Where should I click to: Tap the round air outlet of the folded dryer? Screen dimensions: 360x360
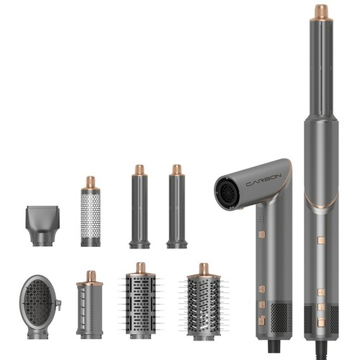[227, 193]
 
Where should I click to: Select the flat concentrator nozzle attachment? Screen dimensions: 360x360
[42, 225]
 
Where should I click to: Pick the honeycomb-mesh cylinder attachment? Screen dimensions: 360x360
[91, 212]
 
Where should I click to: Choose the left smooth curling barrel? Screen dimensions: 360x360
[140, 207]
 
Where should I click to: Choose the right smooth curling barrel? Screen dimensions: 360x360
[177, 207]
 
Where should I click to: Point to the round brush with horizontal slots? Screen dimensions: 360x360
[140, 300]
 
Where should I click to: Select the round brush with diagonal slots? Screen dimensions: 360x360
[204, 302]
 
